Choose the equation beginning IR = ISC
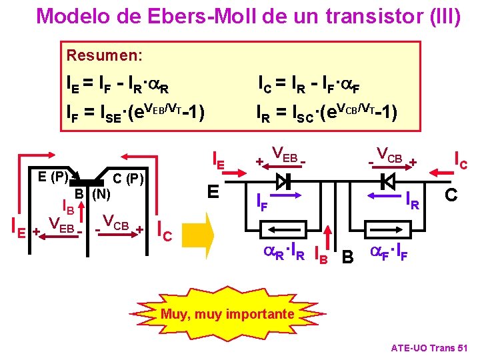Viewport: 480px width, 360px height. coord(327,109)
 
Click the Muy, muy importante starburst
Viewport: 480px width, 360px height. coord(226,313)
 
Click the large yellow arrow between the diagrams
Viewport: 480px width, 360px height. coord(199,233)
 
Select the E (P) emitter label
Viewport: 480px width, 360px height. coord(51,177)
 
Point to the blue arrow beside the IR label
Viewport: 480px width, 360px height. coord(383,196)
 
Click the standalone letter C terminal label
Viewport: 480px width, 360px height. coord(451,195)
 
